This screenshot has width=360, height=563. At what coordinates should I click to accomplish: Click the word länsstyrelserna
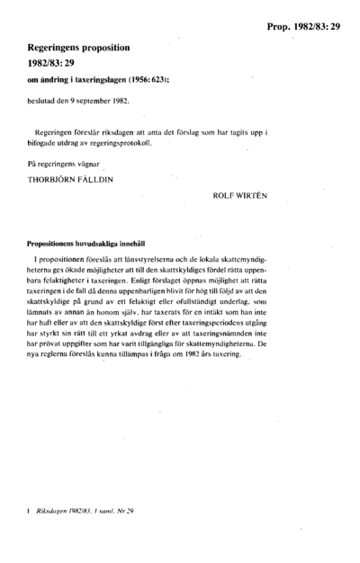coord(154,260)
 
